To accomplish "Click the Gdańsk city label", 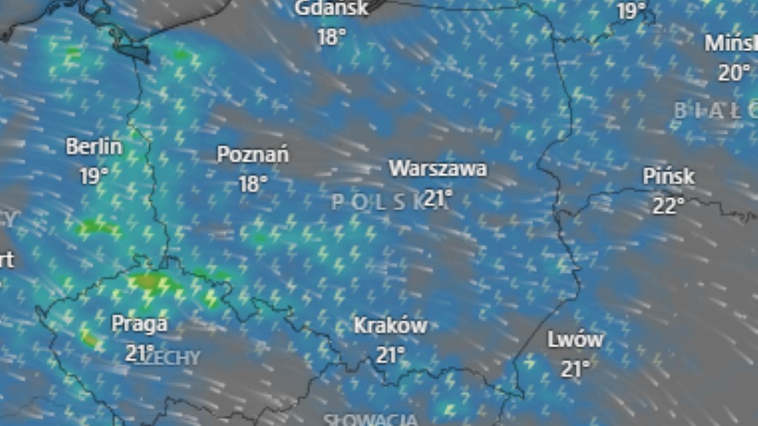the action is click(332, 9).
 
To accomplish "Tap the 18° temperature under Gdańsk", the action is click(332, 37).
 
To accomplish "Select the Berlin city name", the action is click(94, 147).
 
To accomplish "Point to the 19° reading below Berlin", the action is click(94, 176).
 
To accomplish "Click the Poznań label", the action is click(253, 155).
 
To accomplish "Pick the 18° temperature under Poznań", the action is click(253, 184).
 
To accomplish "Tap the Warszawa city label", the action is click(438, 169).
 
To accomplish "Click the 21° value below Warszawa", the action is click(438, 198).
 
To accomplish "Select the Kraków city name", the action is click(390, 326).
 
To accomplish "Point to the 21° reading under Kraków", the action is click(390, 355).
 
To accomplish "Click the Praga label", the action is click(140, 324).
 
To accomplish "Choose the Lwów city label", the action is click(575, 340).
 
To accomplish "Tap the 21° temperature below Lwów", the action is click(575, 369).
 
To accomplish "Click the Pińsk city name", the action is click(668, 177).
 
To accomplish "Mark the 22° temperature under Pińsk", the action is click(668, 206).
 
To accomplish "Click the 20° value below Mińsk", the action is click(734, 73).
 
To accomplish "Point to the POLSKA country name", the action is click(379, 202).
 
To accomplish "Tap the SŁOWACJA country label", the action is click(370, 420).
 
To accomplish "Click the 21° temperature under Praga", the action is click(140, 353).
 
